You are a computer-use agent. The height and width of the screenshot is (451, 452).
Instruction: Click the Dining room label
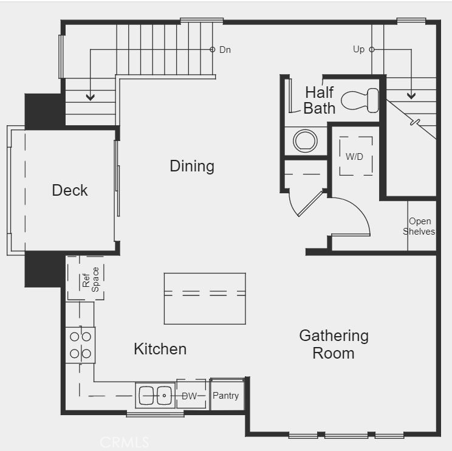[192, 167]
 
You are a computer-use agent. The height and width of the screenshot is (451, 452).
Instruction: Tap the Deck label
[70, 190]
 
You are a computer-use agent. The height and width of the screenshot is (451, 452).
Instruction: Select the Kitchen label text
[160, 349]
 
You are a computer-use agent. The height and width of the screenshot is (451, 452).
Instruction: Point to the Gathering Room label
[334, 345]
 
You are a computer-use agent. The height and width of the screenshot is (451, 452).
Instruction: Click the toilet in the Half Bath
[360, 100]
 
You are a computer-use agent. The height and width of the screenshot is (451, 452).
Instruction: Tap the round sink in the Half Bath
[305, 141]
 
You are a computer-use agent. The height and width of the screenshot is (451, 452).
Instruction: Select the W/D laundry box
[356, 156]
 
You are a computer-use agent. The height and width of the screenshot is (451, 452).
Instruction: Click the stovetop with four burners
[80, 345]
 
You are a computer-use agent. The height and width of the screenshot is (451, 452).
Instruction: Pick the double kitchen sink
[156, 395]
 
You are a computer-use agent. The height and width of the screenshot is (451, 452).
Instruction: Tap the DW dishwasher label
[190, 396]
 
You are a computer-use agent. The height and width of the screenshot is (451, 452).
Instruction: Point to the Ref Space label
[91, 280]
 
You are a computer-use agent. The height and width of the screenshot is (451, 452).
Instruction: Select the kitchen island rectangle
[205, 298]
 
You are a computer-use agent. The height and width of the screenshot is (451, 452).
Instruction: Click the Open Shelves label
[419, 226]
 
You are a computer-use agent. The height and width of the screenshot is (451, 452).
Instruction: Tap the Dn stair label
[225, 50]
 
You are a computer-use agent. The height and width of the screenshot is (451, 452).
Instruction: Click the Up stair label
[358, 49]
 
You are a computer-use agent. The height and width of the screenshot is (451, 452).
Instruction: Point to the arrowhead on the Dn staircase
[91, 97]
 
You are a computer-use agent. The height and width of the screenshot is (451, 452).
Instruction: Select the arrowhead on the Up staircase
[411, 95]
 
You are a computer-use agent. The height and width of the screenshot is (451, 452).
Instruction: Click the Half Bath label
[320, 100]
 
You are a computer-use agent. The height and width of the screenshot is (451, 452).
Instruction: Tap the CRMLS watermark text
[125, 442]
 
